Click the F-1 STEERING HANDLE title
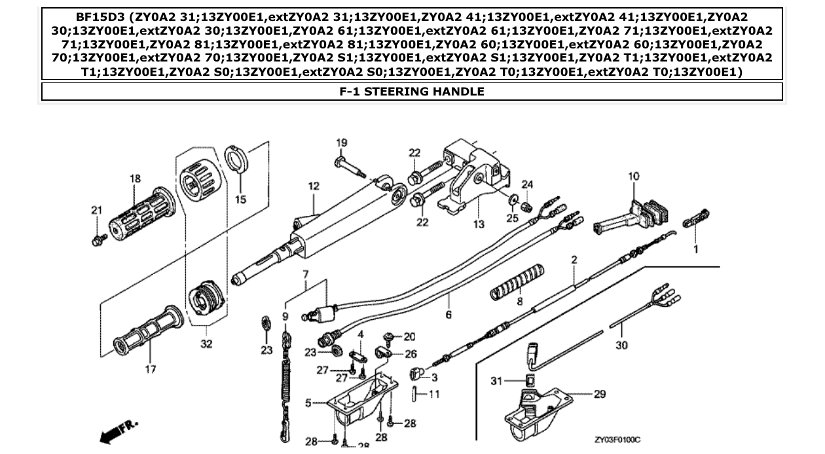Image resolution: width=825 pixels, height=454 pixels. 412,92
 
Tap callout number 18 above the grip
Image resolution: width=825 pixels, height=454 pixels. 135,179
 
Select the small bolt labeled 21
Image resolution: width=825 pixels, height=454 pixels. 99,239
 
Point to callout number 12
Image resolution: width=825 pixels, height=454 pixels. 314,186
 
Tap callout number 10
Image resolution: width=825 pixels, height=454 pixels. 633,176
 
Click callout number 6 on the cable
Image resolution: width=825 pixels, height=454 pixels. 449,315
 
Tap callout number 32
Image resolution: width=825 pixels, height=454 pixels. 206,344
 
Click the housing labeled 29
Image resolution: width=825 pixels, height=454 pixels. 534,409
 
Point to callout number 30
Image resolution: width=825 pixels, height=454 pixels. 621,345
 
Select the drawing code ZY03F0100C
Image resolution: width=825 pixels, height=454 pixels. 617,440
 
